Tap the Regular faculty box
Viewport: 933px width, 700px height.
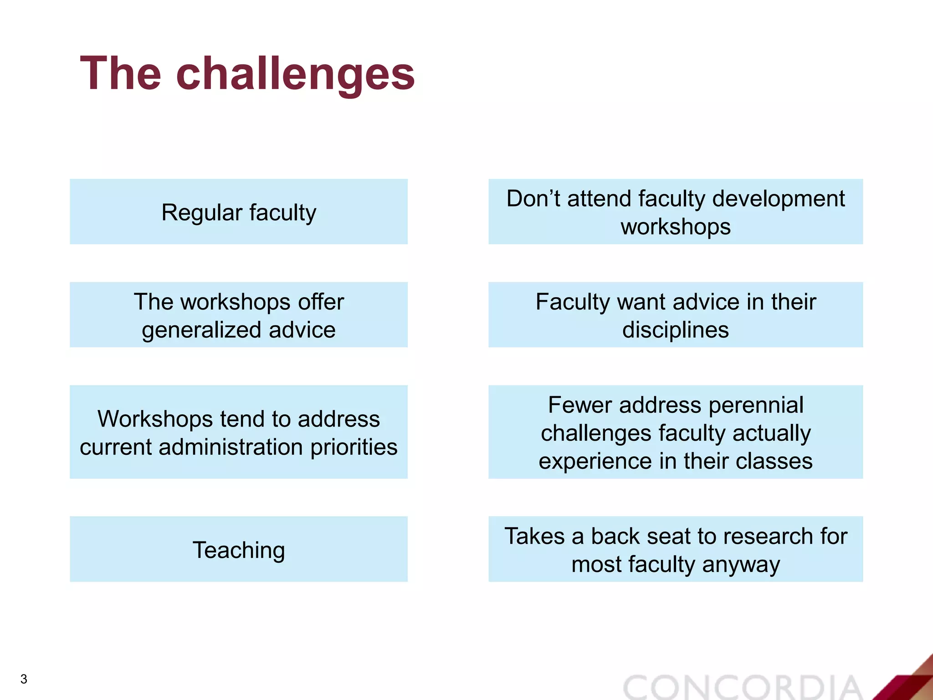(238, 212)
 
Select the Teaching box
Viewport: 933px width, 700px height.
(238, 549)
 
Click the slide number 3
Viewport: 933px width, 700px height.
(24, 679)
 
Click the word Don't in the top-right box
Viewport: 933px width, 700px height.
(533, 199)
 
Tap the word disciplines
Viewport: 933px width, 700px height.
(675, 329)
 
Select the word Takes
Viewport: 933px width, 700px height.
(534, 536)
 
